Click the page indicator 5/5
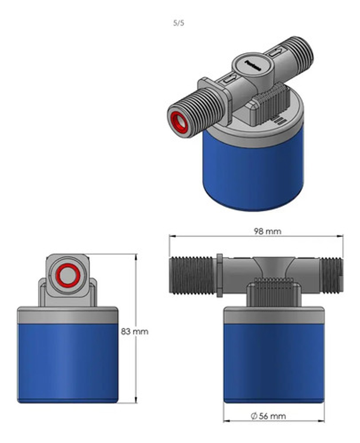pos(178,23)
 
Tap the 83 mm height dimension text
pos(135,331)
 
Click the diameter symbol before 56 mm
pos(253,416)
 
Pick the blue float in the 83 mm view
pos(67,362)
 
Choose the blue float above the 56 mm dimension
pos(274,362)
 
